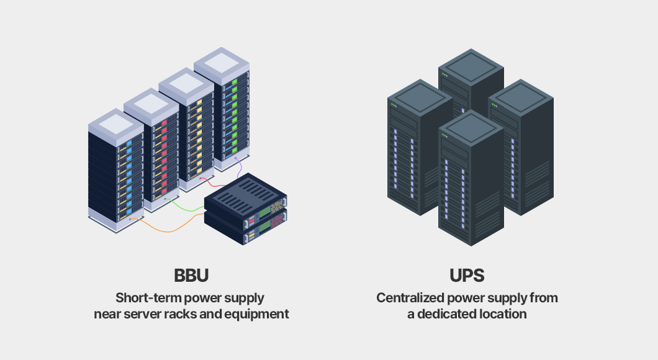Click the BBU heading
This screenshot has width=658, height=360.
pos(191,276)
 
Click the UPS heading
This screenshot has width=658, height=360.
pos(467,276)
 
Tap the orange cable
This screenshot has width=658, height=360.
pos(169,230)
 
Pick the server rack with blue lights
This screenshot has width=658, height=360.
pos(116,170)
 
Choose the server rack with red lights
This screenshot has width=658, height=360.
pos(151,150)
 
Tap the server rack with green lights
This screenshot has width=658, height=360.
pos(222,109)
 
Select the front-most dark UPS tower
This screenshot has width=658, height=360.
pos(471,178)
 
